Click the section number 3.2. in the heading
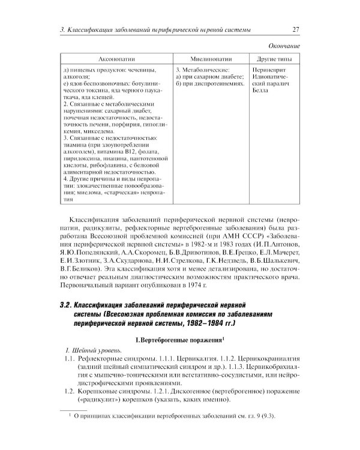(67, 308)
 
